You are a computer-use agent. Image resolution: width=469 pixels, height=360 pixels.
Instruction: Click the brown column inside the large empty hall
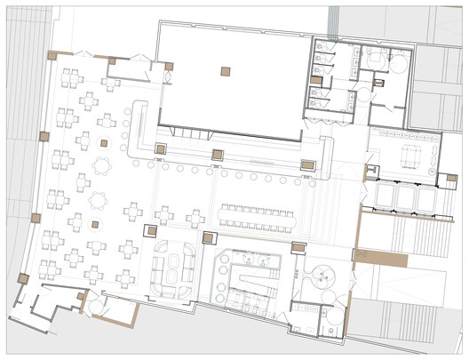point(227,71)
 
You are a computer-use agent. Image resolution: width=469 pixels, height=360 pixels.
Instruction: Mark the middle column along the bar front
point(218,155)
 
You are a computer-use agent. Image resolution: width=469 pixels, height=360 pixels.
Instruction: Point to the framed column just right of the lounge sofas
point(211,237)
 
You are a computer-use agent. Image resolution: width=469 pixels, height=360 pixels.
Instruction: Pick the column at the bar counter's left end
point(162,148)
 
